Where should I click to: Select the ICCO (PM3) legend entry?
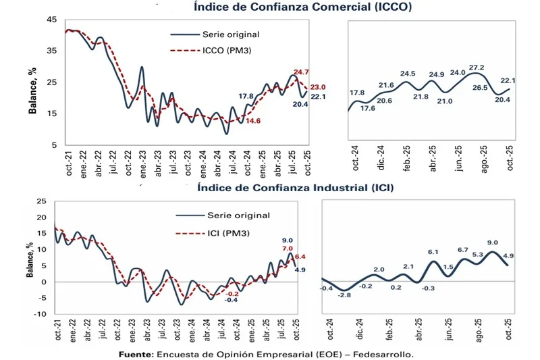pos(227,50)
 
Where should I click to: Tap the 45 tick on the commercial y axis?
pos(51,20)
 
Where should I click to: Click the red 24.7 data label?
pos(302,72)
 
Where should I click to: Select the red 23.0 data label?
pos(318,87)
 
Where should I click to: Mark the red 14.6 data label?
pos(253,121)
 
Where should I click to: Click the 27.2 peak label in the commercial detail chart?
pos(477,68)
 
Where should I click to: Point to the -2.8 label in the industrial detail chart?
pos(344,295)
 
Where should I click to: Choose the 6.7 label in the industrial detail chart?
pos(462,251)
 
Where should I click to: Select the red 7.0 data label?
pos(287,249)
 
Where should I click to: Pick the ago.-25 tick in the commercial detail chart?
pos(483,160)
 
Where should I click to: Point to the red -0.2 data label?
pos(232,294)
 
